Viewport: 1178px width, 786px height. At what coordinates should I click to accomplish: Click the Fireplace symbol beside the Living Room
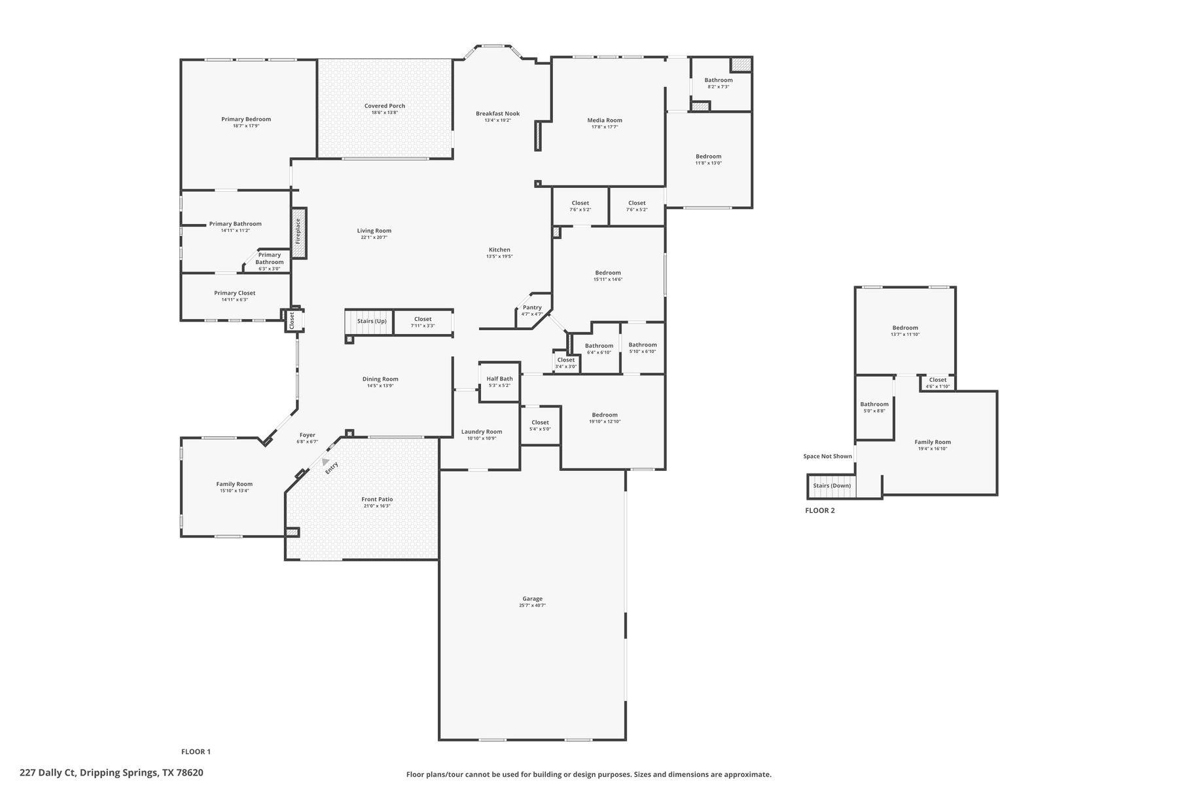[x=298, y=233]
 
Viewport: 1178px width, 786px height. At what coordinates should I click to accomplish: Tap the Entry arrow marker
[x=325, y=462]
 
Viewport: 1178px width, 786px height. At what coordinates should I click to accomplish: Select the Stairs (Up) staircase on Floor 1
[x=368, y=322]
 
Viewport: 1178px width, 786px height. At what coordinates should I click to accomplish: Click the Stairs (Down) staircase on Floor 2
[x=832, y=486]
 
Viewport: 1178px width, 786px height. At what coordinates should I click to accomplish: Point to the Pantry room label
[x=532, y=308]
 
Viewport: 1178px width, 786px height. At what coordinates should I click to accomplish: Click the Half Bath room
[x=499, y=381]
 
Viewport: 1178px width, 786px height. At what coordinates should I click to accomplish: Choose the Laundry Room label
[x=482, y=432]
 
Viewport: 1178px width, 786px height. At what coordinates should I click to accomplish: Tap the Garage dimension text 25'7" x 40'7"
[x=532, y=606]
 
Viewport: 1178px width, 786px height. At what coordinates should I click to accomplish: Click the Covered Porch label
[x=385, y=106]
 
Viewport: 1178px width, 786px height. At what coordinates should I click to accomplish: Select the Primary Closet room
[x=235, y=296]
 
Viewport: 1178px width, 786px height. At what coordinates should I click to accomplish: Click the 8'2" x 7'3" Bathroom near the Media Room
[x=719, y=83]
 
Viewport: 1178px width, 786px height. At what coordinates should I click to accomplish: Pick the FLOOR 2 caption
[x=819, y=511]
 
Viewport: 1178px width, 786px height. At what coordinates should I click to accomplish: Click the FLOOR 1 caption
[x=196, y=752]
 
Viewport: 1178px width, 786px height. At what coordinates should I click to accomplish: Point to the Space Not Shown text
[x=827, y=457]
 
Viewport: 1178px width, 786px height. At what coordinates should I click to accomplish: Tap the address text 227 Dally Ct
[x=111, y=773]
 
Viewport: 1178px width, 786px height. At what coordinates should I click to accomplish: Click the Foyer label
[x=308, y=435]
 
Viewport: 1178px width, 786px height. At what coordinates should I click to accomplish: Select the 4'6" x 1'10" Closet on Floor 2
[x=937, y=383]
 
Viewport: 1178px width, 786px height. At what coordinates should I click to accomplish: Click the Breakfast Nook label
[x=497, y=114]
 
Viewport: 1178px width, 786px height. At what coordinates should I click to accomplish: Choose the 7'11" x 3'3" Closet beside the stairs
[x=423, y=322]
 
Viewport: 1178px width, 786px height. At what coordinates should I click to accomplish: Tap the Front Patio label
[x=377, y=500]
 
